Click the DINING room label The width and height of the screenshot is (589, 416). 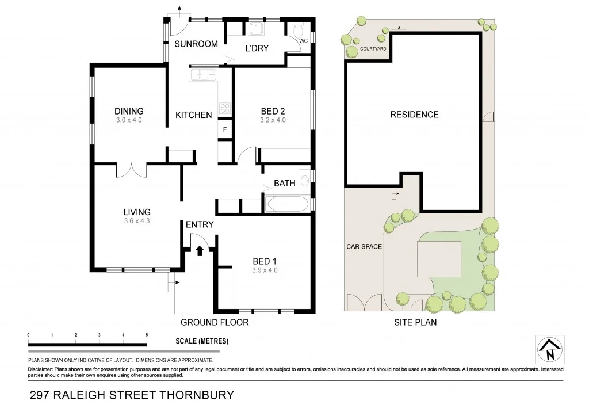click(x=129, y=111)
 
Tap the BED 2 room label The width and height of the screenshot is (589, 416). click(x=273, y=111)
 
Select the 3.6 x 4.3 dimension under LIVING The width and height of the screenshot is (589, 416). click(x=137, y=221)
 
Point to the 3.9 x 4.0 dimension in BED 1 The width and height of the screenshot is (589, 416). click(x=265, y=269)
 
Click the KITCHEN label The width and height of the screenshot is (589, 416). click(x=193, y=115)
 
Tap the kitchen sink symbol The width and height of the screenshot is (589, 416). click(x=202, y=74)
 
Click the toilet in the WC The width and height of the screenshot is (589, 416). click(x=298, y=30)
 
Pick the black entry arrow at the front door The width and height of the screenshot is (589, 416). click(x=200, y=250)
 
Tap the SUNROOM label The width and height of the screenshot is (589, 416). click(x=196, y=44)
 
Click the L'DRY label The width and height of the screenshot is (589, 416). click(x=257, y=48)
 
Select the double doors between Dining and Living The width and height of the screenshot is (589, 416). click(x=132, y=170)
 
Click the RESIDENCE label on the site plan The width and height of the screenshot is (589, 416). click(x=414, y=115)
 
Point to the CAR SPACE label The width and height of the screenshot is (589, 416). click(x=364, y=246)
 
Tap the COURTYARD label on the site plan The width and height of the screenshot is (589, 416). click(x=373, y=49)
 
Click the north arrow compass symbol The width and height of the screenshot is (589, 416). click(x=549, y=349)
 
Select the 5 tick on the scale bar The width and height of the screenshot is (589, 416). click(x=147, y=335)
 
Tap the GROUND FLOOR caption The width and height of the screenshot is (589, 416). click(x=215, y=322)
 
